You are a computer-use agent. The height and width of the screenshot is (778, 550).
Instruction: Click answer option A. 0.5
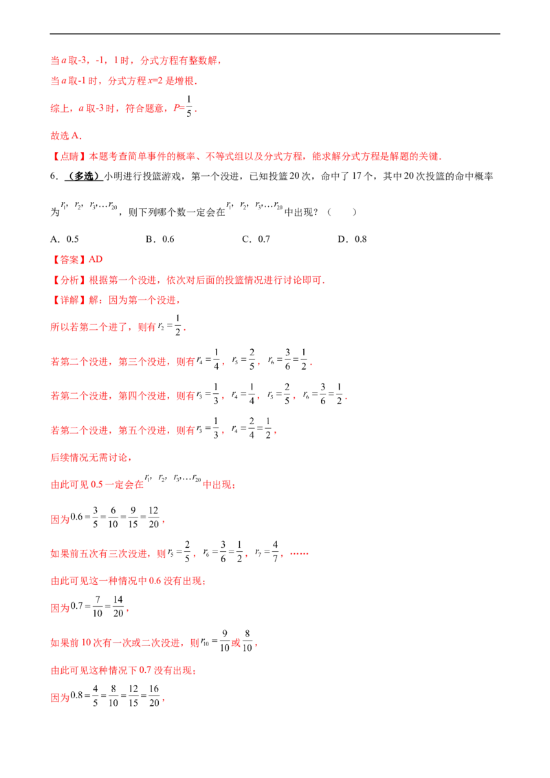click(x=65, y=239)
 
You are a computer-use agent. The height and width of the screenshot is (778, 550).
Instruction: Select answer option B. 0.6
click(x=159, y=239)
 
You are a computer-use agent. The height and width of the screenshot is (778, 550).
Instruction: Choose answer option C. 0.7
click(x=256, y=239)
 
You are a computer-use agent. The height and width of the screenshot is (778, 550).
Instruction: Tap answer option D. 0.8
click(x=352, y=239)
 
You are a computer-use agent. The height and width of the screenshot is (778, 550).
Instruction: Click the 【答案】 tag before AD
click(x=69, y=260)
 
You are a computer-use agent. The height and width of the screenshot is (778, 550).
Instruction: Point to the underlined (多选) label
click(x=83, y=176)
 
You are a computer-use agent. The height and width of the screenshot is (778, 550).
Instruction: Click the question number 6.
click(x=54, y=176)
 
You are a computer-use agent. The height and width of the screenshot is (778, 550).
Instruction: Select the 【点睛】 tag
click(x=69, y=156)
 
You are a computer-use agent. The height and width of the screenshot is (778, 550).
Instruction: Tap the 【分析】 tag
click(x=69, y=280)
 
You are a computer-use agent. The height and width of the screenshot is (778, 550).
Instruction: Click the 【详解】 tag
click(x=69, y=300)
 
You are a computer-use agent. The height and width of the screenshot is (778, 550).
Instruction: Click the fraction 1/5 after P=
click(x=188, y=106)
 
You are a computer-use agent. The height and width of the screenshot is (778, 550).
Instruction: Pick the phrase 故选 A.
click(x=66, y=136)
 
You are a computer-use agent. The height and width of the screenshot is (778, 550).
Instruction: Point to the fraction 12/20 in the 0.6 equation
click(x=154, y=517)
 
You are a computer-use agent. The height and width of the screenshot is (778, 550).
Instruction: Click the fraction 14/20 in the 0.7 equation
click(x=118, y=606)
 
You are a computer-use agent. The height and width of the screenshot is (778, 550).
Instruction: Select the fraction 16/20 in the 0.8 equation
click(x=154, y=696)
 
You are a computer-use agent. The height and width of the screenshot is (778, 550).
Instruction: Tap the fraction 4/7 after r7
click(x=275, y=552)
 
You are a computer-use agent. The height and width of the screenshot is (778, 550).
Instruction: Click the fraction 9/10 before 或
click(x=224, y=641)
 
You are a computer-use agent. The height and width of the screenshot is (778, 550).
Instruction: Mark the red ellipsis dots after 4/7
click(x=299, y=553)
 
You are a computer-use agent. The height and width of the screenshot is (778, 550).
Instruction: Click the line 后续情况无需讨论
click(x=91, y=458)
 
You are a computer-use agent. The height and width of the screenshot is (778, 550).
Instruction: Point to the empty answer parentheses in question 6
click(x=342, y=212)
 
